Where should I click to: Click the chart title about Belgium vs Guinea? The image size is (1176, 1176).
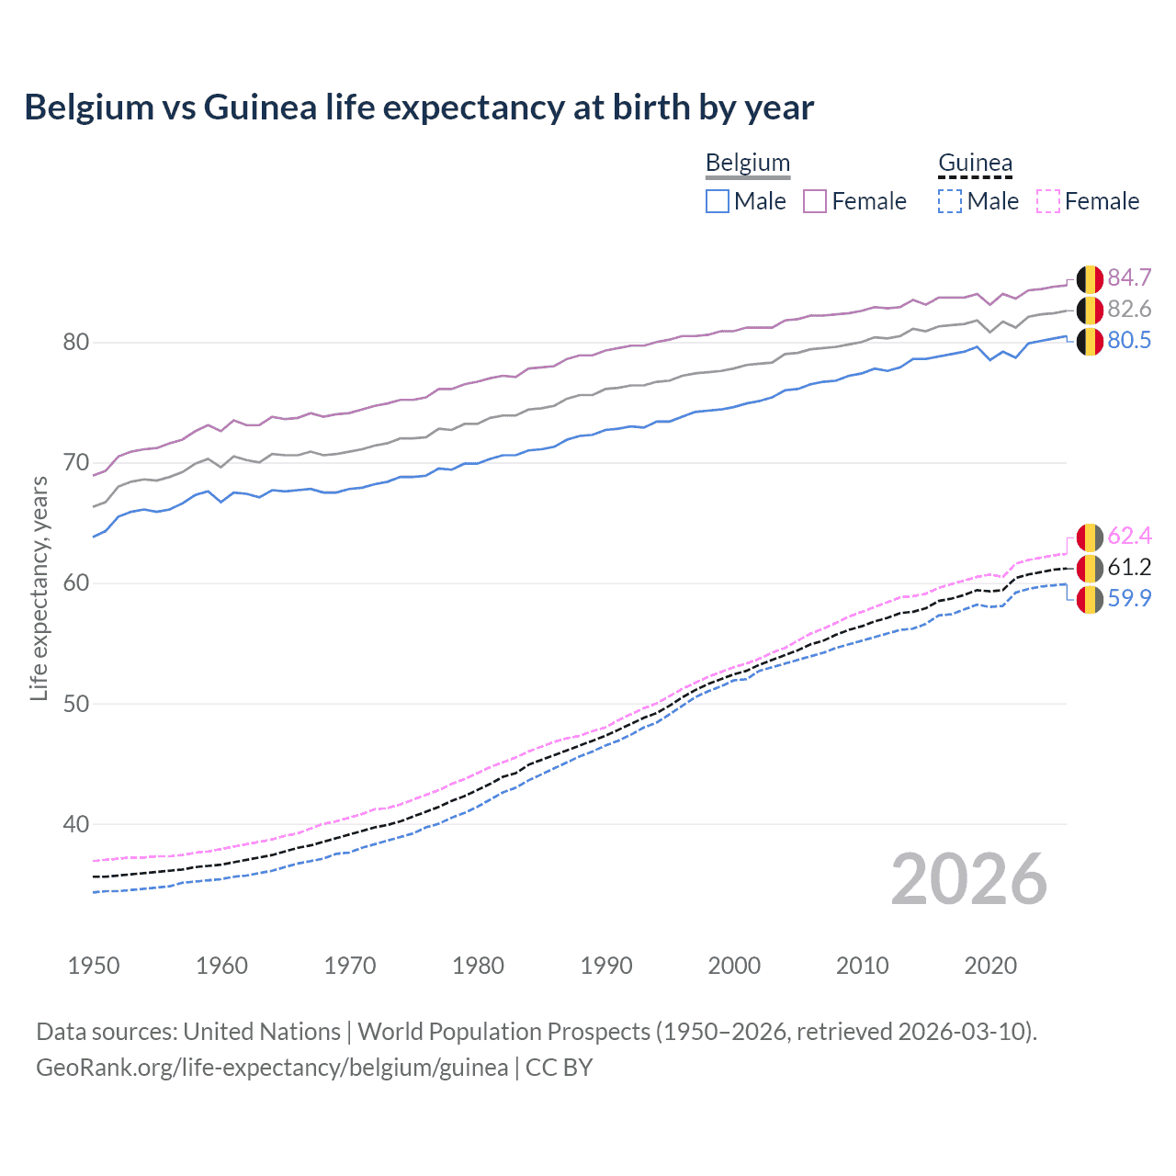(419, 107)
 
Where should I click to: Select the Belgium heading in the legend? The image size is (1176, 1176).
(747, 164)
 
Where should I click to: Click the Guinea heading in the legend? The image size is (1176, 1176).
(975, 164)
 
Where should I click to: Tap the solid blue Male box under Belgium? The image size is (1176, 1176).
(718, 201)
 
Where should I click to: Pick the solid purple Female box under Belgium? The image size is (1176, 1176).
(816, 201)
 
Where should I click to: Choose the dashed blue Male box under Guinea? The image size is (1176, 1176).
(950, 201)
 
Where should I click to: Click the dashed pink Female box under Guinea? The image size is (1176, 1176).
(1048, 201)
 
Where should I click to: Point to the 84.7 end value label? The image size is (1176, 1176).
(1129, 277)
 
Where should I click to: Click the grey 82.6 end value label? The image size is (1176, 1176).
(1129, 309)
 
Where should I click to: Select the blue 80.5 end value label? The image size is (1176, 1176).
(1129, 340)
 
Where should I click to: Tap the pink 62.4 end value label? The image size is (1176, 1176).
(1129, 536)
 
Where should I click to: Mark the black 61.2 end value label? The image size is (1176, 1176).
(1129, 567)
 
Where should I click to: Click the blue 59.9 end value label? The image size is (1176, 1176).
(1129, 598)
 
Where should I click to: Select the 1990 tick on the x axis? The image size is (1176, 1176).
(606, 966)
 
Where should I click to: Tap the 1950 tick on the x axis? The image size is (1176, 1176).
(94, 966)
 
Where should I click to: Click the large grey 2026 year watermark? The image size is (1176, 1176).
(968, 879)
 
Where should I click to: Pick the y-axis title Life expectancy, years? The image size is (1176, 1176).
(39, 588)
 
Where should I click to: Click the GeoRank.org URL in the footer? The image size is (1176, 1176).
(272, 1067)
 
